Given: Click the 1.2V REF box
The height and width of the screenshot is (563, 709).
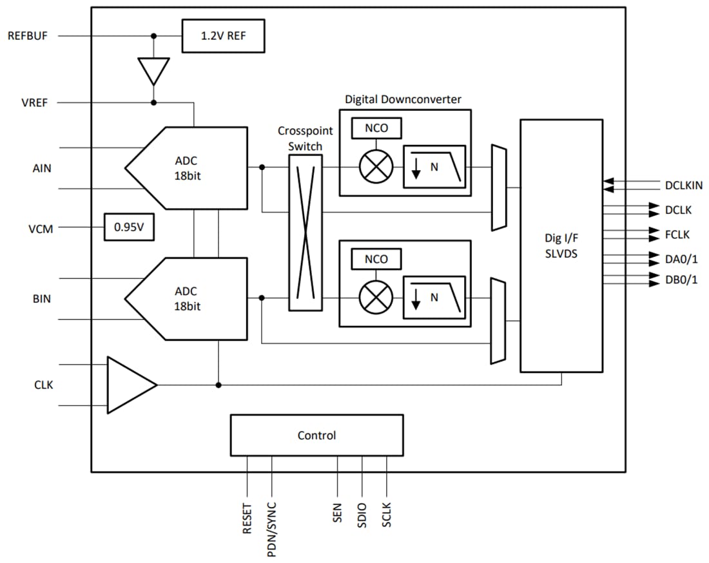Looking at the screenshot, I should [x=223, y=36].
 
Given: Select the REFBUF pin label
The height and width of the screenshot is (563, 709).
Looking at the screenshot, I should [x=28, y=36].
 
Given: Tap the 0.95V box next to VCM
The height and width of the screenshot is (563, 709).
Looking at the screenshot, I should [x=129, y=227].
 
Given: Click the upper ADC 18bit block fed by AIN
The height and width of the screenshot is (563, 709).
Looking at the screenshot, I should [x=187, y=167].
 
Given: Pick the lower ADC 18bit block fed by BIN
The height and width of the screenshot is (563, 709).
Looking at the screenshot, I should [x=187, y=298].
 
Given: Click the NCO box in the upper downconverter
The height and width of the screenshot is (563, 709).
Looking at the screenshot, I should [x=376, y=128].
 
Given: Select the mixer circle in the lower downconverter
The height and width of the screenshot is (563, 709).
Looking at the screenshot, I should [x=376, y=298].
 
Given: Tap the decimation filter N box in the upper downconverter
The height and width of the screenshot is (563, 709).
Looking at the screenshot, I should [x=434, y=167].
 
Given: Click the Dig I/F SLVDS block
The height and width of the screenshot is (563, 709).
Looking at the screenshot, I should [x=561, y=245].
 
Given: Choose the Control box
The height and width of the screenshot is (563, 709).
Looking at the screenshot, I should [x=316, y=435].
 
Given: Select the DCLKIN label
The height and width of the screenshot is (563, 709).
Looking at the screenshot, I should [x=684, y=186].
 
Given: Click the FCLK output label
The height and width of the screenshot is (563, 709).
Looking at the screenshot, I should [x=677, y=235].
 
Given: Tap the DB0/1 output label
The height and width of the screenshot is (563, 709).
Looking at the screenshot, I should [x=681, y=280].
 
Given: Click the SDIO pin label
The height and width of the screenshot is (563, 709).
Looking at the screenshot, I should [x=362, y=515].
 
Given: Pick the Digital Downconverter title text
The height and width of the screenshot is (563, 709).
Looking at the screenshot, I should [x=403, y=99].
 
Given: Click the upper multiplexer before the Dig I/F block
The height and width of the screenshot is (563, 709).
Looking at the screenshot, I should [x=499, y=187].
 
